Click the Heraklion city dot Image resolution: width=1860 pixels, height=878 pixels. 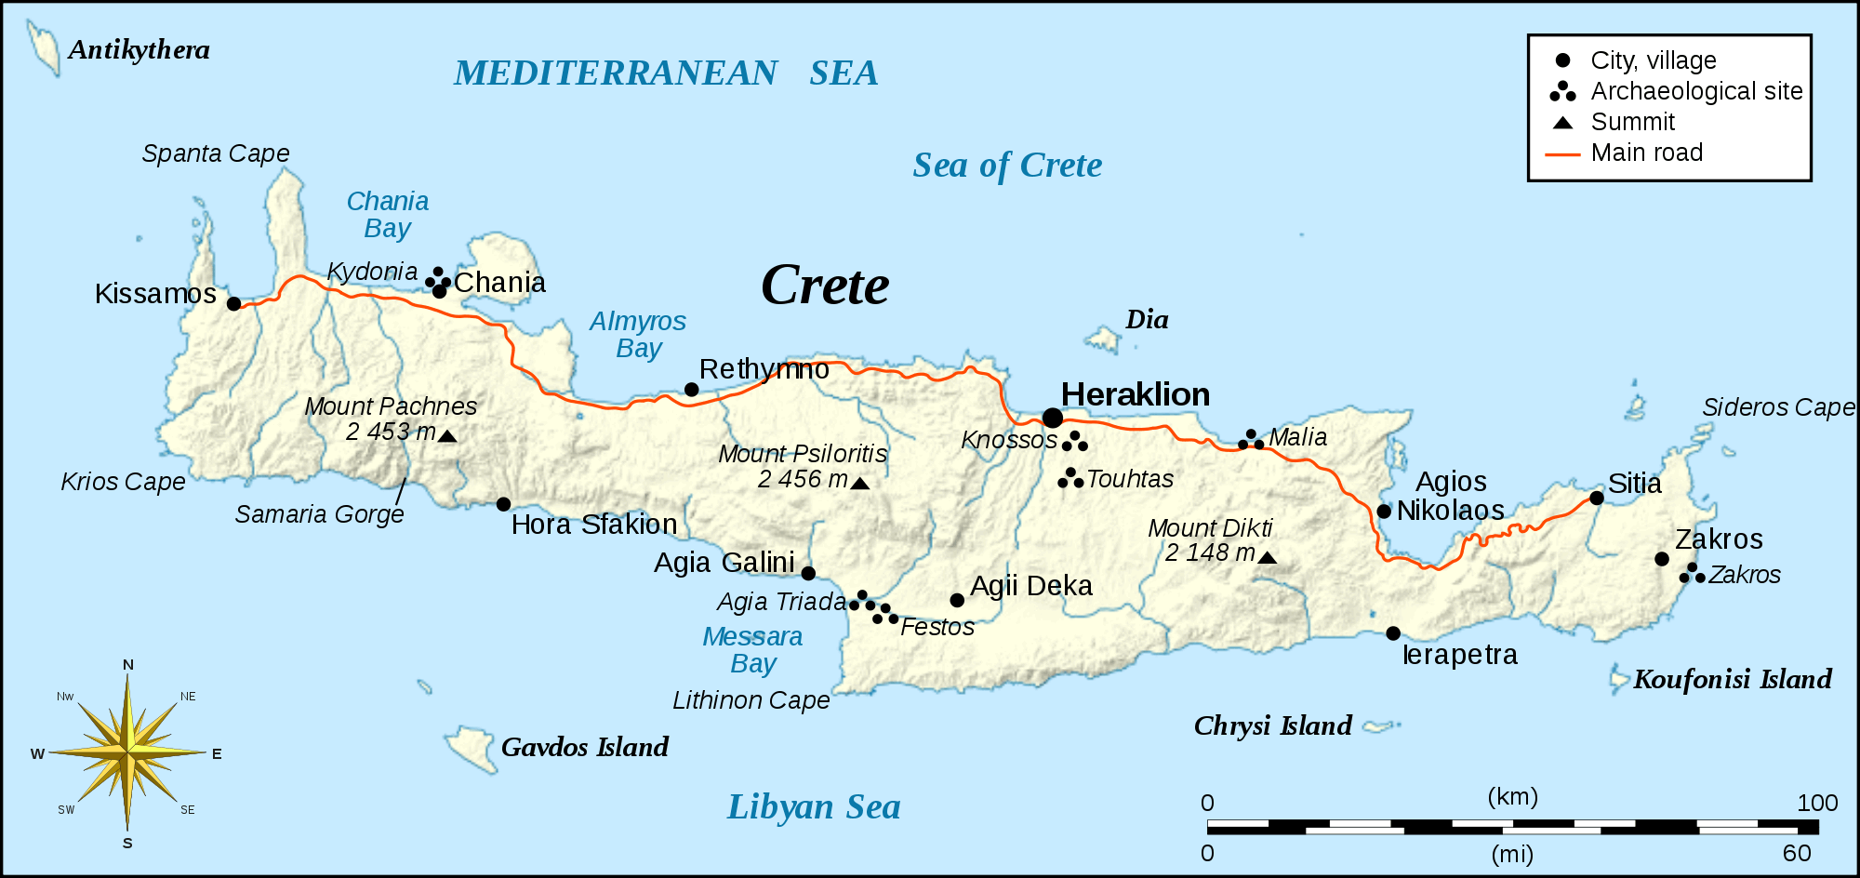point(1052,418)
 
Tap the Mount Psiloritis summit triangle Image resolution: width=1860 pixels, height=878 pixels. point(860,484)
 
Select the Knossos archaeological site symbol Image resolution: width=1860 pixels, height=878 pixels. point(1074,442)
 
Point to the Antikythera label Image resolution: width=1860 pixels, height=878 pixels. point(139,49)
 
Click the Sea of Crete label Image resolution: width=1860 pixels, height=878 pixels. point(1007,166)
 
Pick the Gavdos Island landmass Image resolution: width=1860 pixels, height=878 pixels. point(470,747)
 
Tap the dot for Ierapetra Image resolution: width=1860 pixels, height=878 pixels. point(1393,633)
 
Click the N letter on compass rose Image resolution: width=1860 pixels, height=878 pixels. point(128,664)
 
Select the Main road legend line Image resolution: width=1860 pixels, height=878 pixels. point(1562,153)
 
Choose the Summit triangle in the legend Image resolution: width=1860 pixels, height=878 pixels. point(1563,123)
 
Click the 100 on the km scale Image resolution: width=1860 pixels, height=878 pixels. point(1817,803)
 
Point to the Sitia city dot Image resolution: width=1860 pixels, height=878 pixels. point(1597,498)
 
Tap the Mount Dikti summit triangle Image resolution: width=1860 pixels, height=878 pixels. point(1267,558)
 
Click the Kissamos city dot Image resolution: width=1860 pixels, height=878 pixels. point(234,303)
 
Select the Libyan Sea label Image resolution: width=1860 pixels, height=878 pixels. point(814,807)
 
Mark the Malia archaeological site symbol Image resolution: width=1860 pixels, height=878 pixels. point(1251,440)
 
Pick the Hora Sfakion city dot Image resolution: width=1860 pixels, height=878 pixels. point(503,504)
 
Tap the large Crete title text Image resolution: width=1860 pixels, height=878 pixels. point(825,286)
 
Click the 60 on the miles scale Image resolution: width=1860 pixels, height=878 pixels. point(1797,853)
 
